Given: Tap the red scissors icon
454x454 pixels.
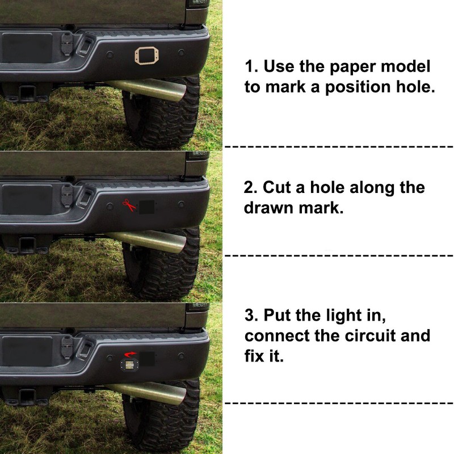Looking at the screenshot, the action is [129, 205].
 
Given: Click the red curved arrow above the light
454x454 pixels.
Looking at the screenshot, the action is [130, 354].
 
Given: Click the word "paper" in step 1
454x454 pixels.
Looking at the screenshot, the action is [354, 67].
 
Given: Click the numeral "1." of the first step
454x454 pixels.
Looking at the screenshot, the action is [251, 66].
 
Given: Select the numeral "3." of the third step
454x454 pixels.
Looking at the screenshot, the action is [252, 316].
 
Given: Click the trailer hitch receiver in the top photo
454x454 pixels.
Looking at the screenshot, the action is [27, 93].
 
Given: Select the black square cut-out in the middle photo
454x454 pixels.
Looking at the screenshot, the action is [146, 207].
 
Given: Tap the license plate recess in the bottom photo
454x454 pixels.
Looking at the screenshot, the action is [27, 351].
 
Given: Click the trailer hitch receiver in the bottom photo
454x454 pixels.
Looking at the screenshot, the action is [27, 396].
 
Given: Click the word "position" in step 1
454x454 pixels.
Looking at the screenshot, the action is [358, 87].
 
